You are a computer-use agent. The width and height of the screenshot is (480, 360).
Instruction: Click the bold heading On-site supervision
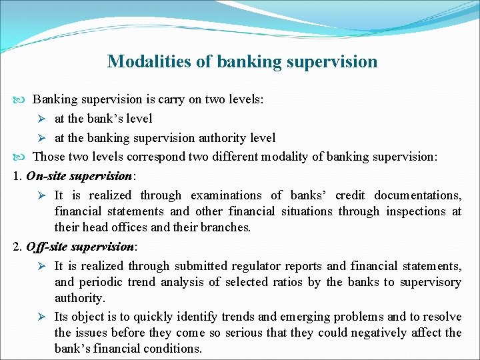80,176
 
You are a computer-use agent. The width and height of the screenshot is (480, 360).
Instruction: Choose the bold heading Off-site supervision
80,247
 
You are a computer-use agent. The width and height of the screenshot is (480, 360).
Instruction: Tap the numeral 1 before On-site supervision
17,176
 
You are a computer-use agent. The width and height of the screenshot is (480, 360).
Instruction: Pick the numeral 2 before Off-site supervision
17,247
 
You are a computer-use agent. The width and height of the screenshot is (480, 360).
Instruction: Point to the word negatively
384,333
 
